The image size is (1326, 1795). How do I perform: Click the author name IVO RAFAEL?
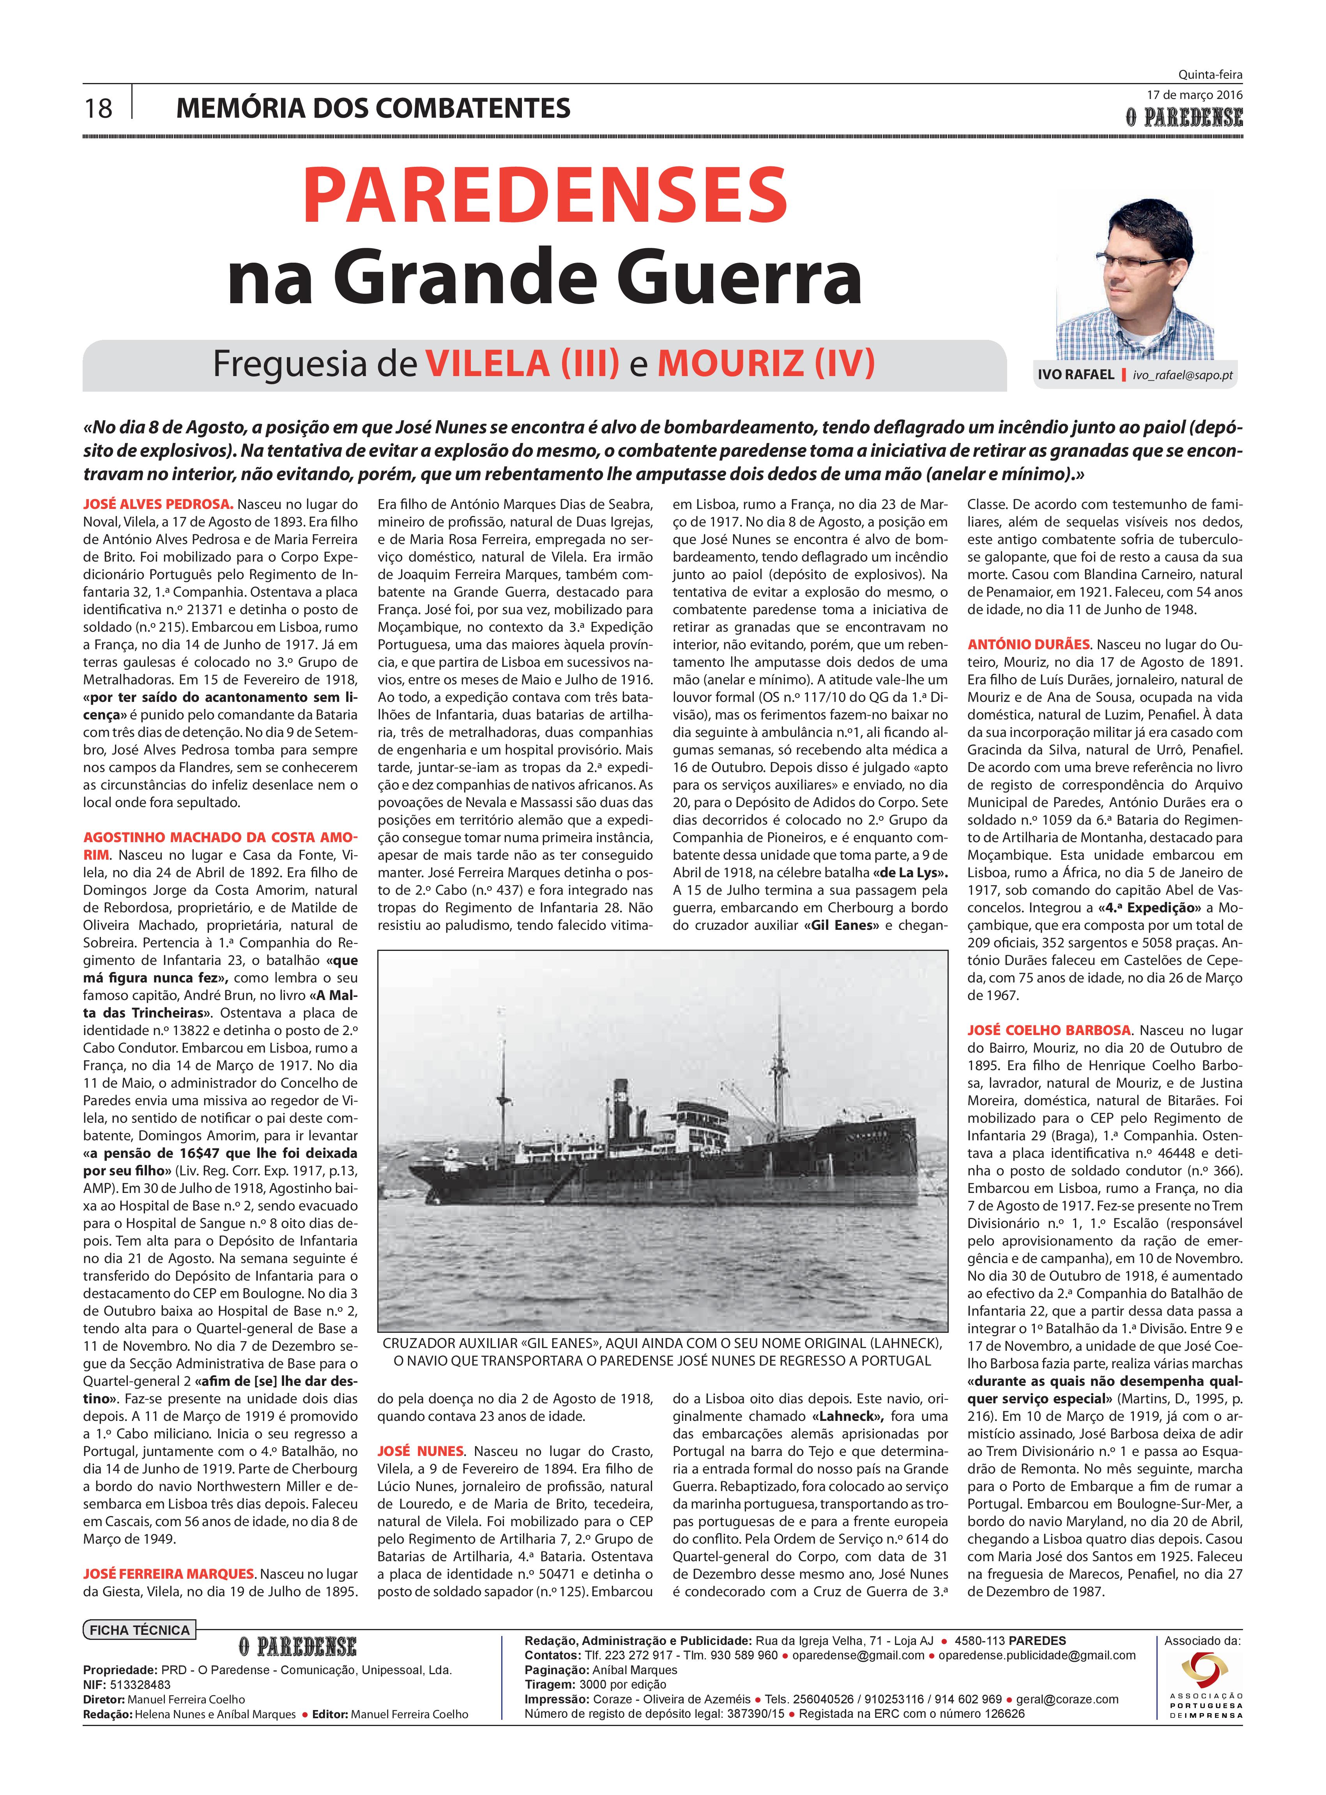click(1075, 375)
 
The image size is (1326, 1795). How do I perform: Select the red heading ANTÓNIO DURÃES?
click(1029, 644)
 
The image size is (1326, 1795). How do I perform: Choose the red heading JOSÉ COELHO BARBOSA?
click(1049, 1030)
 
